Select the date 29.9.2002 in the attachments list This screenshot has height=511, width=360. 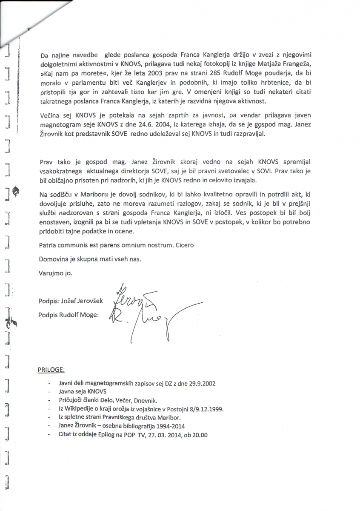pyautogui.click(x=201, y=383)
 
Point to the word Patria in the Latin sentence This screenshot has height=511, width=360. pyautogui.click(x=47, y=246)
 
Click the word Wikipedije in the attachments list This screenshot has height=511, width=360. pyautogui.click(x=78, y=409)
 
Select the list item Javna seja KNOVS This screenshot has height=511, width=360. pyautogui.click(x=83, y=391)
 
